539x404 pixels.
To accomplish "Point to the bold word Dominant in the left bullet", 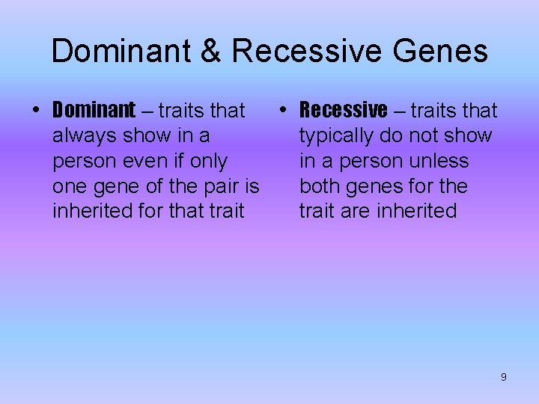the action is [x=94, y=111].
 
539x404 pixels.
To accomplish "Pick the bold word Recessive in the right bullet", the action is [x=344, y=111].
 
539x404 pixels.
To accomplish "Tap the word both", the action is [x=322, y=186].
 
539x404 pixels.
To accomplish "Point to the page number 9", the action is [x=503, y=377].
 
